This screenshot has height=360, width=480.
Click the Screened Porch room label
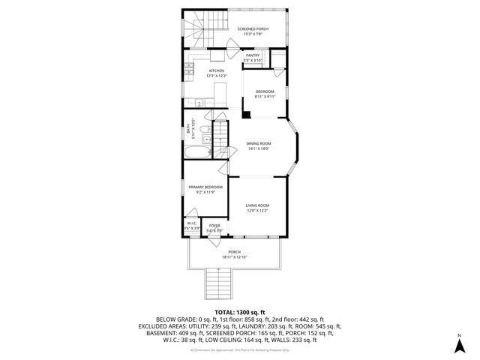point(253,28)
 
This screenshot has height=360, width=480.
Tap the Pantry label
point(253,55)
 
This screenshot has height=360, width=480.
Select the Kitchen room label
point(216,71)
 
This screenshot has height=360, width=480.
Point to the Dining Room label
point(259,143)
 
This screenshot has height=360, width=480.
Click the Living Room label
point(257,205)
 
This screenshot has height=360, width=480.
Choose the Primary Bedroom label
point(205,187)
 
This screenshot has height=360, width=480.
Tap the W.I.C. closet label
point(192,223)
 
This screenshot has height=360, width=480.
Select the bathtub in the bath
point(197,153)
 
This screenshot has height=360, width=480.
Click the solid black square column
point(245,115)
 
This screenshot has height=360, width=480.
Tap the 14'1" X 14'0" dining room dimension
point(259,148)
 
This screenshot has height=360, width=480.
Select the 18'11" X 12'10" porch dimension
point(235,257)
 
